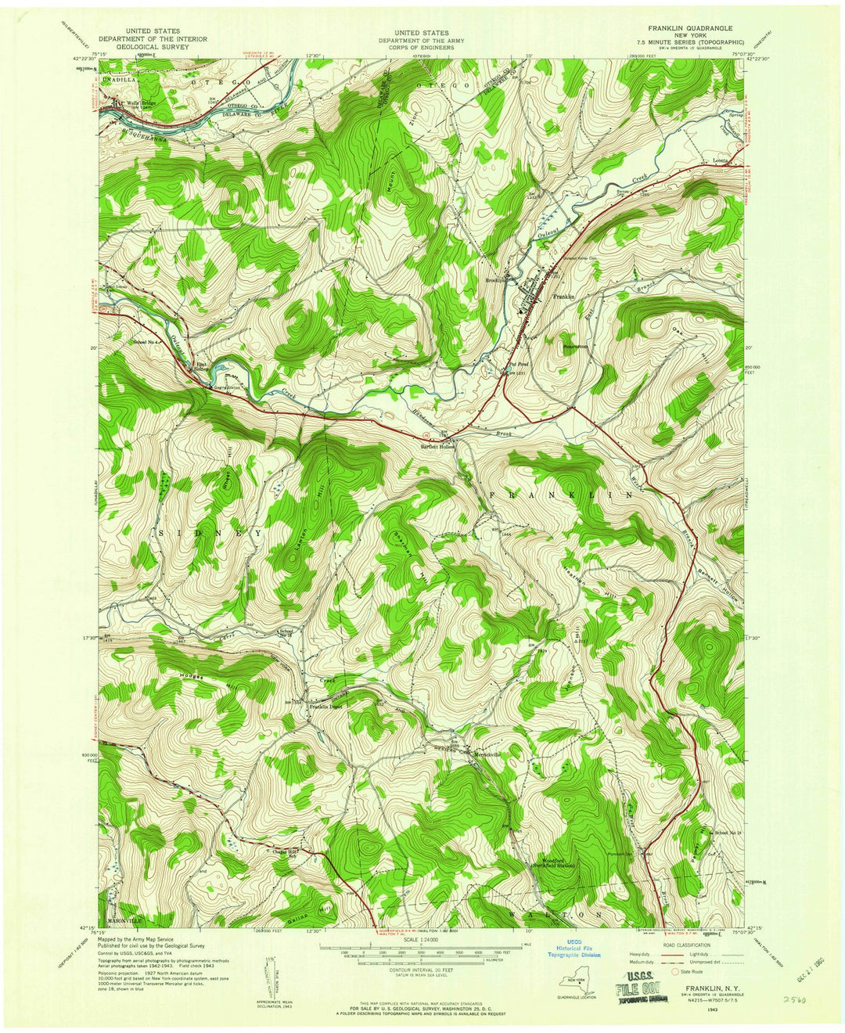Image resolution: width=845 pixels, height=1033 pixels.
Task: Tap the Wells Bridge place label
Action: (x=128, y=101)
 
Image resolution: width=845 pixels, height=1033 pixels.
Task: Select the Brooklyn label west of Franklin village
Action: (x=498, y=279)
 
